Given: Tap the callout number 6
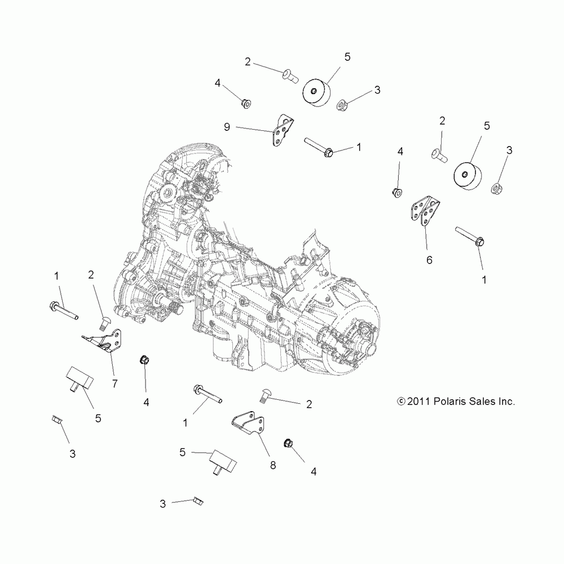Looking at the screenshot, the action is coord(429,260).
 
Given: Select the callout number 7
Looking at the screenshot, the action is coord(114,384).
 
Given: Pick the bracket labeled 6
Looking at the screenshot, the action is coord(425,213).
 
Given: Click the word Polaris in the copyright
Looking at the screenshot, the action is coord(453,402).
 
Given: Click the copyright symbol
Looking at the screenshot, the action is coord(402,402).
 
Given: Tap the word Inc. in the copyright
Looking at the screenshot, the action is coord(507,402).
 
